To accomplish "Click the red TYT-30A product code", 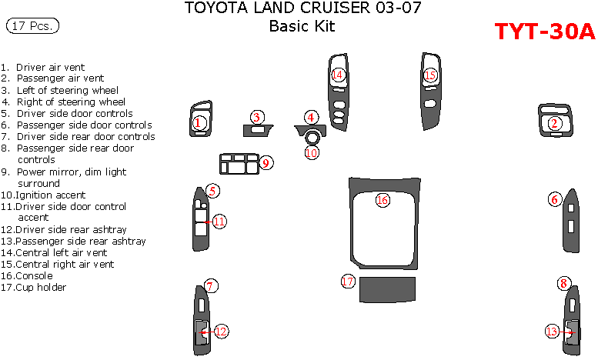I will click(544, 32).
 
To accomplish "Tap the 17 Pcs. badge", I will click(32, 26).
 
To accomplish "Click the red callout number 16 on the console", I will click(383, 200).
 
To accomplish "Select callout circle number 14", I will click(337, 75).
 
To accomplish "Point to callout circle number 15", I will click(430, 75).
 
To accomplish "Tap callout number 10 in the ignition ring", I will click(311, 152).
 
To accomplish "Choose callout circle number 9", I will click(265, 162).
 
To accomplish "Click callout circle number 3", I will click(258, 117).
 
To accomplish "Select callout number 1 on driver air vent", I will click(198, 122).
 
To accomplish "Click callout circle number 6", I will click(553, 199).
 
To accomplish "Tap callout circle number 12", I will click(221, 331).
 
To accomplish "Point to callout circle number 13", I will click(552, 331).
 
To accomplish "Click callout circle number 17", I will click(348, 282).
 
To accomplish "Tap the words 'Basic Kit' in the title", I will click(302, 27).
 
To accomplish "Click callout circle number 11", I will click(219, 222).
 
